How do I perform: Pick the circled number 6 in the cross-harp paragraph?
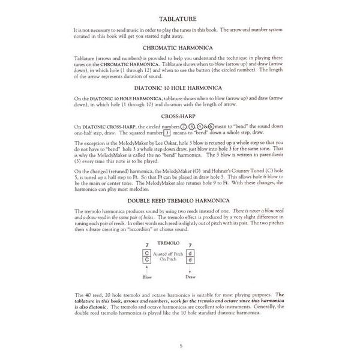(212, 127)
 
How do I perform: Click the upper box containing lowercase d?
(190, 253)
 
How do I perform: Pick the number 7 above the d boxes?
(190, 245)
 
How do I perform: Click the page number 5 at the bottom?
(181, 344)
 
